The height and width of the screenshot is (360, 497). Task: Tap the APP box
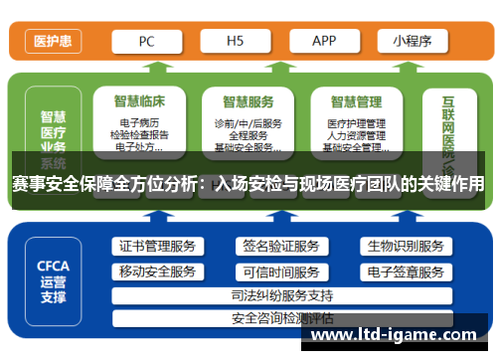(x=324, y=42)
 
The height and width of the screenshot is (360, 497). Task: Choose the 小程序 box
(x=412, y=42)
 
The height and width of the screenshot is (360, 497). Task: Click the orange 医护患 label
(x=51, y=42)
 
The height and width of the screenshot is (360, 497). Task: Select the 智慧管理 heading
(x=357, y=100)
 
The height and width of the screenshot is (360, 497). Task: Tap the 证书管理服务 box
(x=158, y=247)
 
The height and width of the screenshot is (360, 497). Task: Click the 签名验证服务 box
(x=281, y=247)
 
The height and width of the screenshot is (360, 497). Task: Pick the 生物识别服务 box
(x=405, y=247)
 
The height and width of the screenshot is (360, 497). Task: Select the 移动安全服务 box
(x=158, y=271)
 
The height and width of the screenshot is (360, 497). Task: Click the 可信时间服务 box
(x=281, y=271)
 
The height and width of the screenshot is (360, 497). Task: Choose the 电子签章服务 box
(x=405, y=271)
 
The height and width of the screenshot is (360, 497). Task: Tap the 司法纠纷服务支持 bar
(x=281, y=295)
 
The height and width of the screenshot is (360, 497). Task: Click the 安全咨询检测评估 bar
(x=281, y=319)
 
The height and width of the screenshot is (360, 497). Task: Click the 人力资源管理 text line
(x=356, y=135)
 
